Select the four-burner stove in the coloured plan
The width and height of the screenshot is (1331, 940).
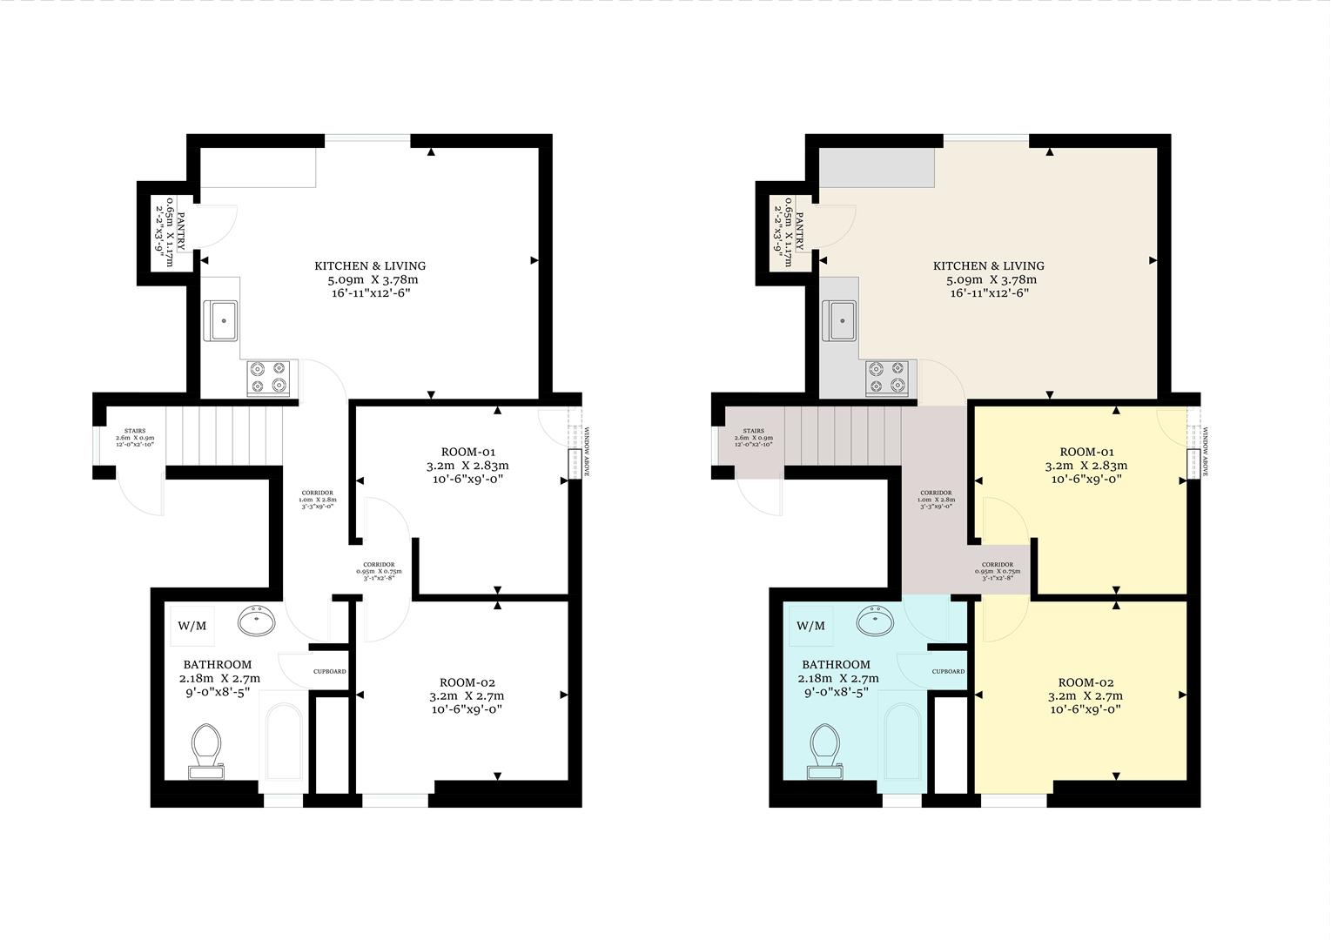coord(887,378)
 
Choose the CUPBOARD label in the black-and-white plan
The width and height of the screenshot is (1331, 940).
coord(330,671)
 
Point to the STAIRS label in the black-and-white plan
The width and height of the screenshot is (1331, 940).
coord(134,431)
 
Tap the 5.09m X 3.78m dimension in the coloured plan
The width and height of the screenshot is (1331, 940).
coord(991,280)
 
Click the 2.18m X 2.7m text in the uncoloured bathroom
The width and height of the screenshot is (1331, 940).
coord(219,679)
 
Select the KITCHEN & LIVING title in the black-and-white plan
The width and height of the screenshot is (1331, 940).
coord(370,265)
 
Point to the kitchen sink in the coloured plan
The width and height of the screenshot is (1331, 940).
coord(841,320)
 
